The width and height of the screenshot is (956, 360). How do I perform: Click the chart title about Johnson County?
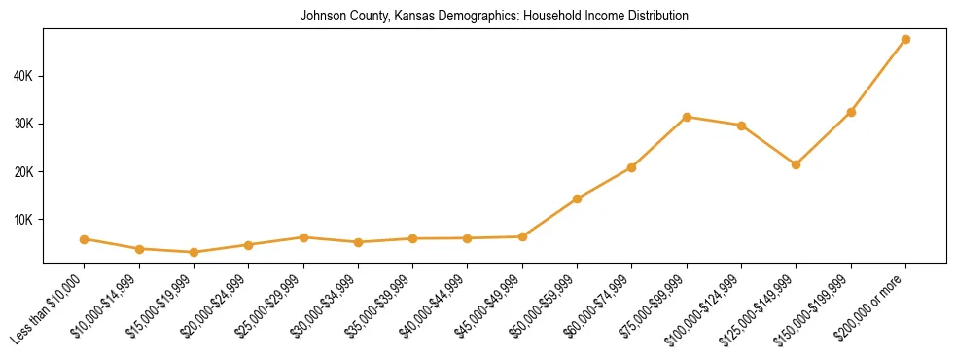494,16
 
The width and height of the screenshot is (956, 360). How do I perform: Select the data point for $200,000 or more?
905,40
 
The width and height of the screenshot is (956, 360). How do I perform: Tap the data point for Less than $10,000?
85,239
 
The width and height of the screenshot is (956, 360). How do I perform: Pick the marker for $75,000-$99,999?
687,117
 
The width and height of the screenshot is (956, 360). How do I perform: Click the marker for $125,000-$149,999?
797,164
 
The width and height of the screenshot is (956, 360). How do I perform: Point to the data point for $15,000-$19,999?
195,252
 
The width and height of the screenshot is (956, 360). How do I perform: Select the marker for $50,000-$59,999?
578,198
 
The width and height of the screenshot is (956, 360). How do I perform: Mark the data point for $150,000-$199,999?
851,112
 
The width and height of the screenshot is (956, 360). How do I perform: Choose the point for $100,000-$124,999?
742,126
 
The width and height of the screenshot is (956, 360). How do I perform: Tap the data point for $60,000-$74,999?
632,167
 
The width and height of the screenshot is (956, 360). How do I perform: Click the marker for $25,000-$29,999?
303,237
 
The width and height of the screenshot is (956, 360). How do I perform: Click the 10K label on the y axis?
25,220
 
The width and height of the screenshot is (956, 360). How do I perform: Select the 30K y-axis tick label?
25,125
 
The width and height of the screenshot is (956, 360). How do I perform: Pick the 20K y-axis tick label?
25,172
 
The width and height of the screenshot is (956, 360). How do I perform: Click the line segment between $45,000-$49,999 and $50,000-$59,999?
550,218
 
